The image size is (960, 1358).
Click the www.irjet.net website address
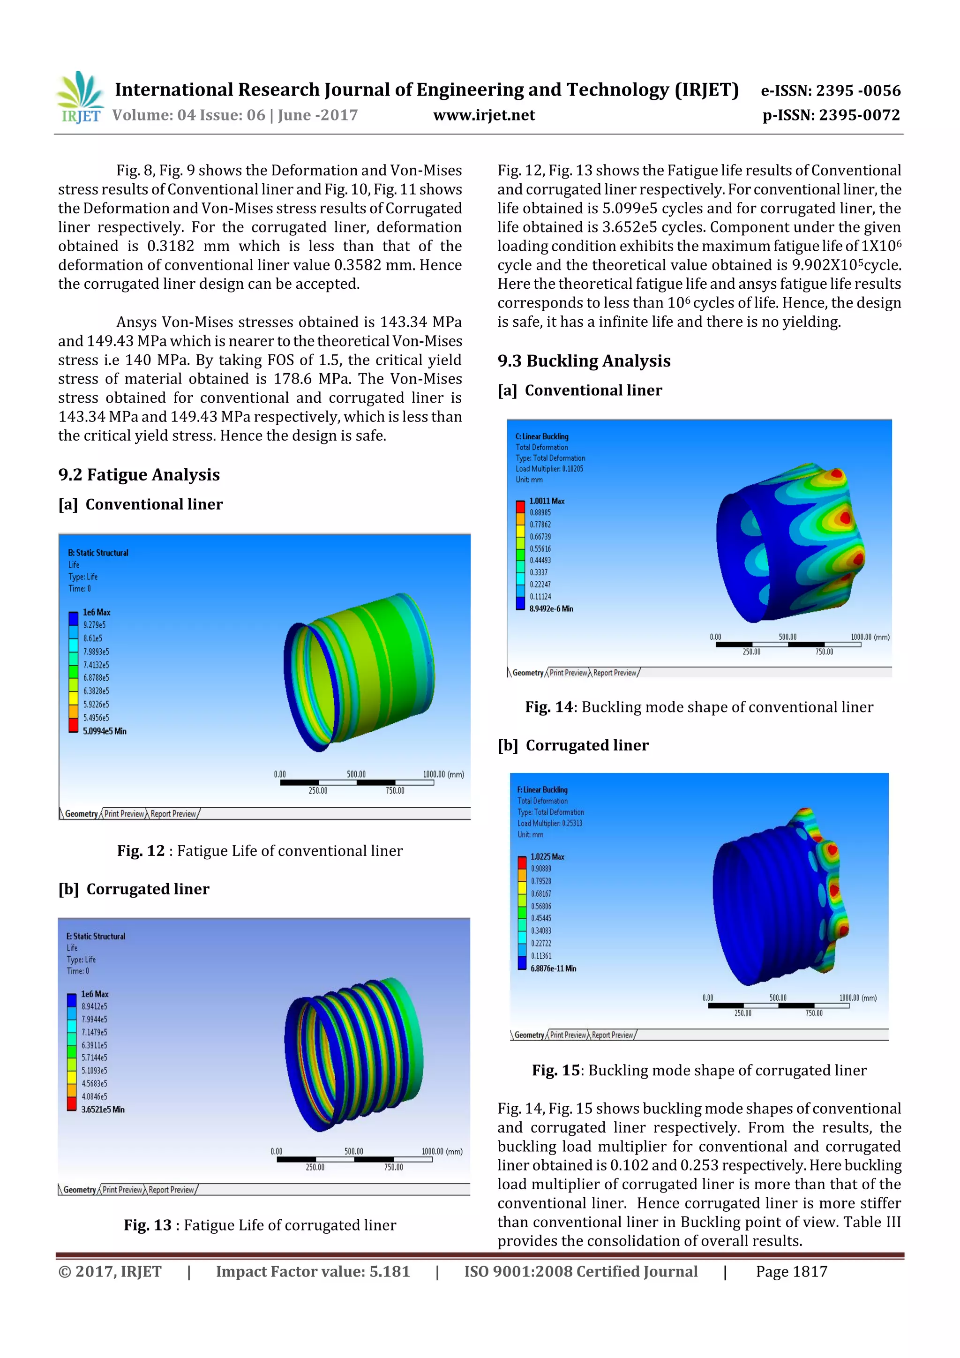click(x=483, y=115)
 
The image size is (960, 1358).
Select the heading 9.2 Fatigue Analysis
click(x=139, y=475)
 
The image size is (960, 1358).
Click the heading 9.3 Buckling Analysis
click(x=584, y=361)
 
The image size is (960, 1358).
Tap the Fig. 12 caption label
click(x=141, y=850)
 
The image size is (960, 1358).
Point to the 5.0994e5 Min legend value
click(x=104, y=731)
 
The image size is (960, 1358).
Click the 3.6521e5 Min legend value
click(x=103, y=1110)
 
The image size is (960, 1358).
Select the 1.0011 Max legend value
click(x=547, y=501)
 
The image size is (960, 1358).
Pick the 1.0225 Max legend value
click(x=547, y=856)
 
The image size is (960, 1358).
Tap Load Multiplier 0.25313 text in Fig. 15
click(x=549, y=823)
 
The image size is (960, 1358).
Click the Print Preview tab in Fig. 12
click(x=124, y=814)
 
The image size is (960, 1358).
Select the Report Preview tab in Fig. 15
click(x=612, y=1035)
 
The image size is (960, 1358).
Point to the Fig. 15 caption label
click(x=555, y=1070)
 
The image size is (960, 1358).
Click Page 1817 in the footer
click(x=791, y=1272)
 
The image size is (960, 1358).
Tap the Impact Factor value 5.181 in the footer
click(x=312, y=1272)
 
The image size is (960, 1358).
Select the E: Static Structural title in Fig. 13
click(x=96, y=936)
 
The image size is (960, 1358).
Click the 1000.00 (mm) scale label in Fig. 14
click(x=870, y=637)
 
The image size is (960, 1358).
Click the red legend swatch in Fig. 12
click(x=73, y=725)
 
